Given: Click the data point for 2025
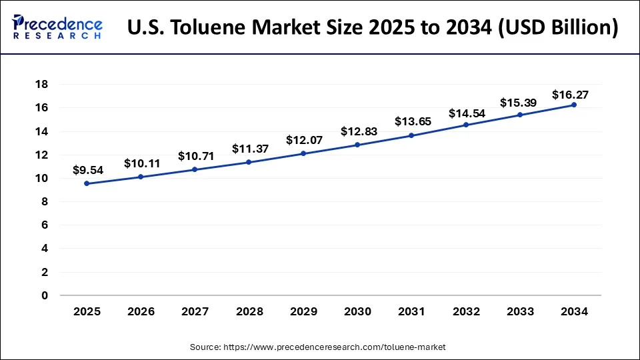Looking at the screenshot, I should point(87,183).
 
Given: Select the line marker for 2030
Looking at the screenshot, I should point(357,145).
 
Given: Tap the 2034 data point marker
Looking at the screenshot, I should point(573,105).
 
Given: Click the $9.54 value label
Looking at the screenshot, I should point(88,170).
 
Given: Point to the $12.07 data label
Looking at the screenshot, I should point(303,140).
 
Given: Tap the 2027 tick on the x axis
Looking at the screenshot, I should point(195,311).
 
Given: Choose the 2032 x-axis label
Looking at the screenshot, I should point(465,311).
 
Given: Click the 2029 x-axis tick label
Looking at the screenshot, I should point(303,311).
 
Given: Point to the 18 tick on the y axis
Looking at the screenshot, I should point(41,85).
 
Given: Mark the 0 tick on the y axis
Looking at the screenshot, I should point(45,295).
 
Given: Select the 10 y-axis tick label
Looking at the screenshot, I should point(41,179).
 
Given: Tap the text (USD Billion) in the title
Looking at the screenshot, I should point(556,28).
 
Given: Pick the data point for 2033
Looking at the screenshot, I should point(519,115).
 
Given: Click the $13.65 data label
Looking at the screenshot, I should point(411,122).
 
